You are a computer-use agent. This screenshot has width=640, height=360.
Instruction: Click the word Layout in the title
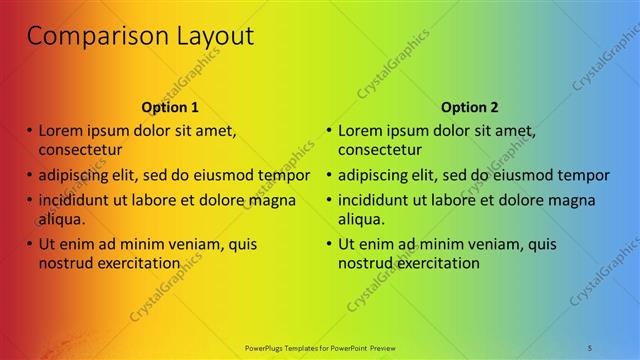pyautogui.click(x=204, y=38)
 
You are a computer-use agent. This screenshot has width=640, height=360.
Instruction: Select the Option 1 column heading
pyautogui.click(x=170, y=107)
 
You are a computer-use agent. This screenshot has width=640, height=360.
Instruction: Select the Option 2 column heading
pyautogui.click(x=469, y=107)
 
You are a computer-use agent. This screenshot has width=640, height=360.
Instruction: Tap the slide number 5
pyautogui.click(x=590, y=346)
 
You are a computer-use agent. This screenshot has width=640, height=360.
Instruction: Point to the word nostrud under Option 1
pyautogui.click(x=67, y=263)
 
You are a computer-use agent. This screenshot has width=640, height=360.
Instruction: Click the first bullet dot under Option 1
pyautogui.click(x=30, y=130)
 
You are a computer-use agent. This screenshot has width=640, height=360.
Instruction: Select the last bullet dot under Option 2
pyautogui.click(x=329, y=243)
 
